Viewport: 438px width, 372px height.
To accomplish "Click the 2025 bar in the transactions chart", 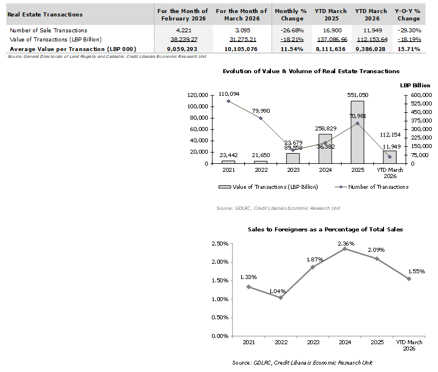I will [357, 132].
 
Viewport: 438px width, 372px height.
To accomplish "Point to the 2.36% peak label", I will [346, 244].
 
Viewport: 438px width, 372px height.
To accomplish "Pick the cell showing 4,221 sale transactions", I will [184, 30].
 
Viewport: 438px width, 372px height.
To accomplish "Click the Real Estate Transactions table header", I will [45, 15].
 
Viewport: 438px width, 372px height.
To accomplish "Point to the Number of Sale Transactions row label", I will [48, 30].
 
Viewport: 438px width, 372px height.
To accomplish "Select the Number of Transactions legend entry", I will [377, 187].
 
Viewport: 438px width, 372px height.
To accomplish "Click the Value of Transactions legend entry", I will [272, 187].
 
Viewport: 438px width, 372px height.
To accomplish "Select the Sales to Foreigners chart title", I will [326, 229].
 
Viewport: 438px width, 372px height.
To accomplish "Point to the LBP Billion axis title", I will [415, 85].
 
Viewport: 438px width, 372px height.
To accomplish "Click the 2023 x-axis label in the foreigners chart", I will [313, 343].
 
